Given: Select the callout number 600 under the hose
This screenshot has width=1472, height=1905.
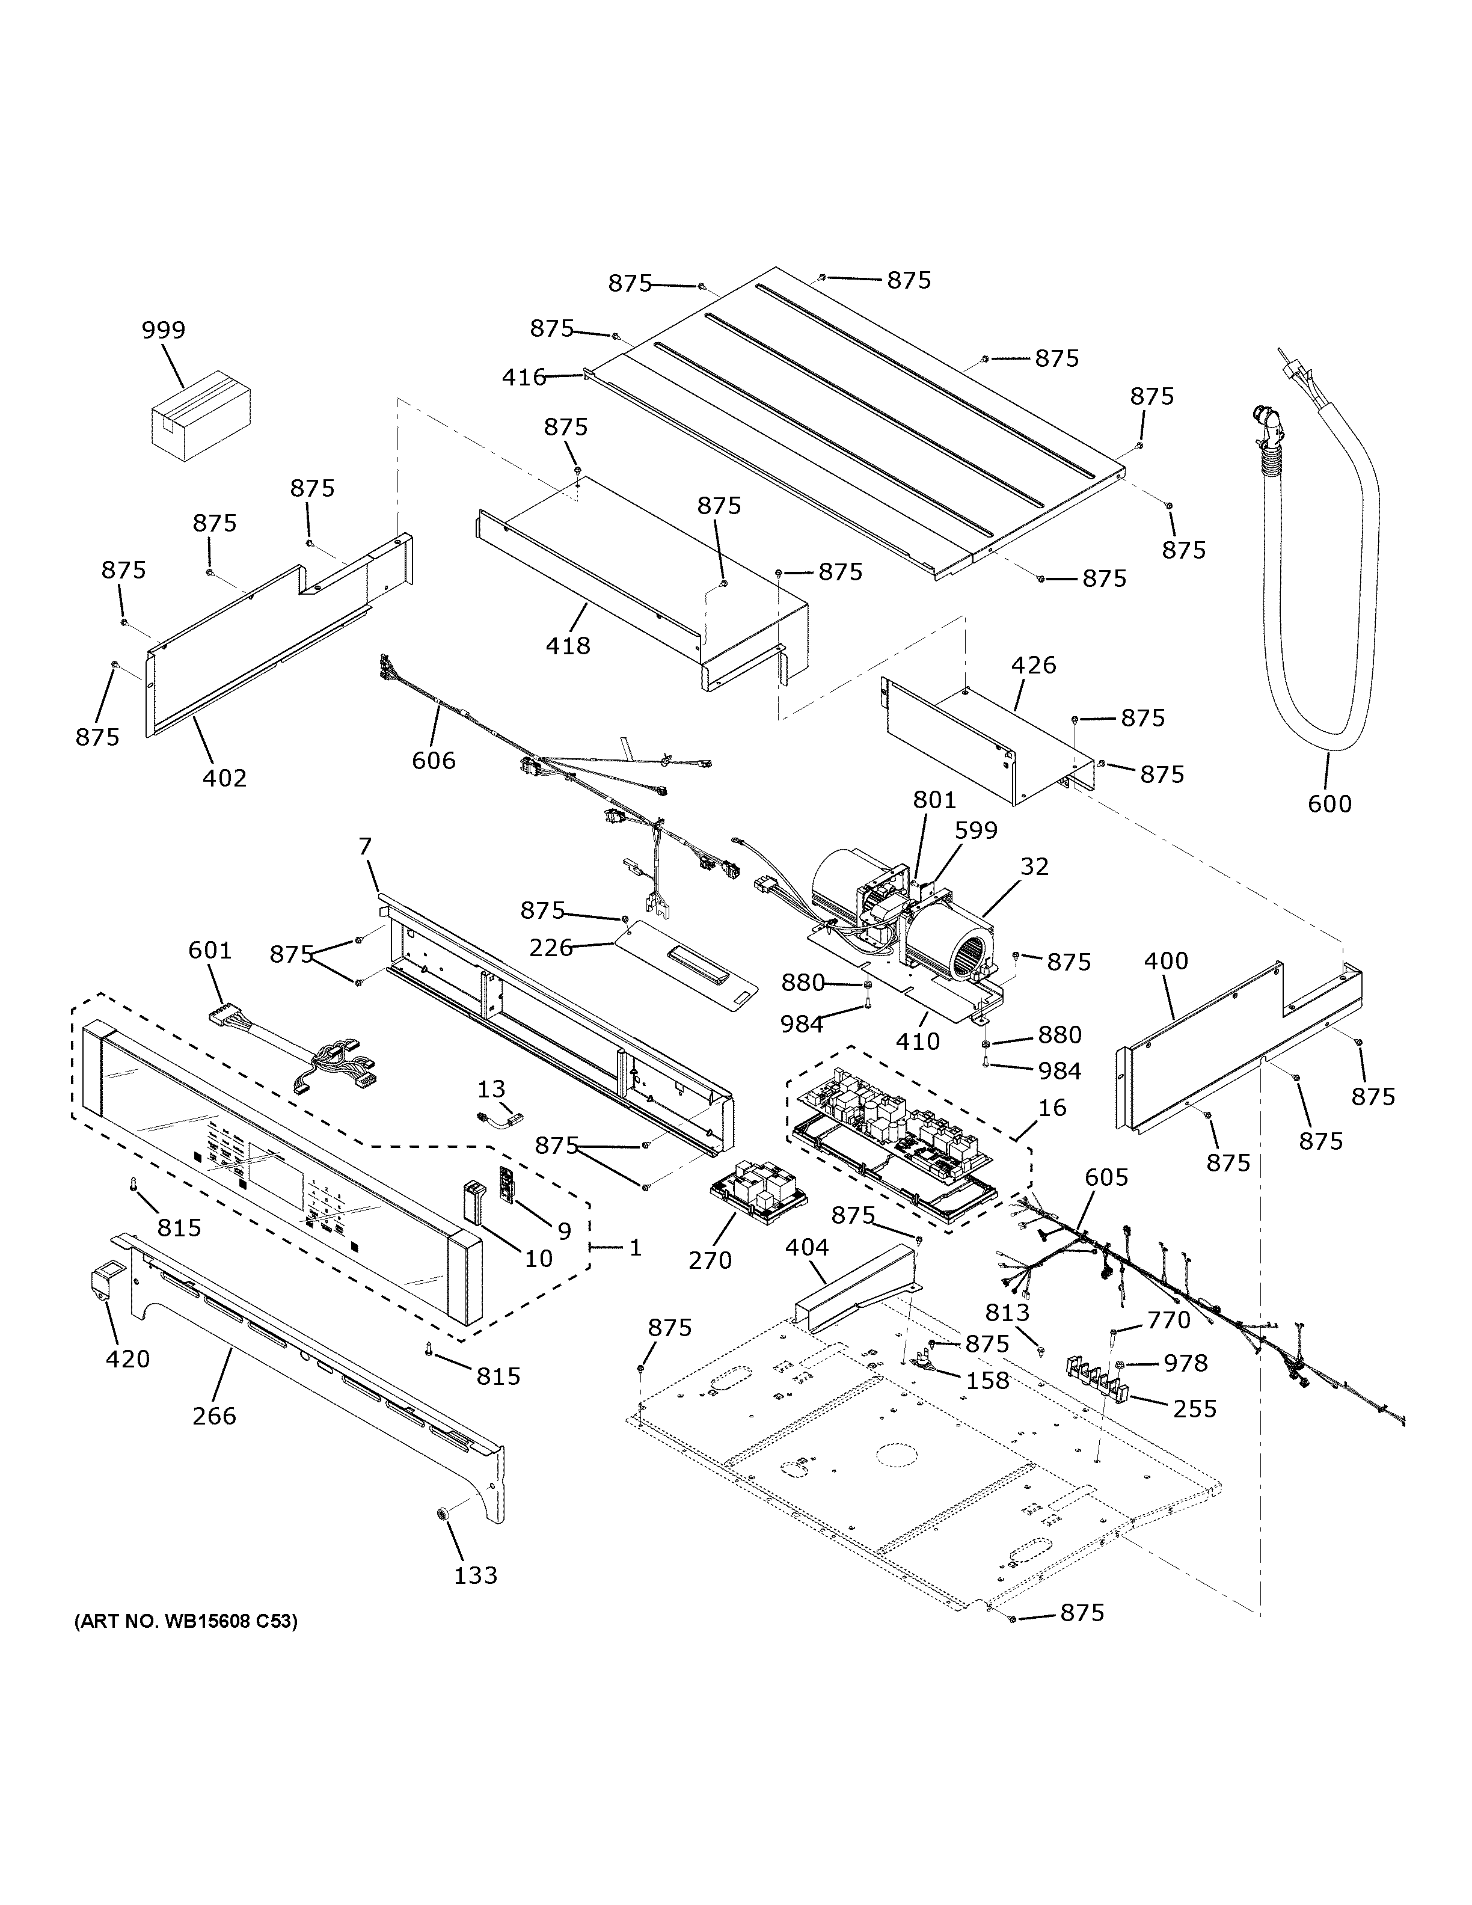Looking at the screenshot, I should coord(1329,803).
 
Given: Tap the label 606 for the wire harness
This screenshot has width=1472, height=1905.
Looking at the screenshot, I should coord(434,761).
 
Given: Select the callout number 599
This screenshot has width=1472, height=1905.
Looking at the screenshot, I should coord(975,830).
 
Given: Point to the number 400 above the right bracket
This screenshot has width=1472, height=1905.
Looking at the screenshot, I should coord(1165,962).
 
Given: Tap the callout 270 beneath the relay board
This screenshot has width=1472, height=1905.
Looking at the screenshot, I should coord(710,1260).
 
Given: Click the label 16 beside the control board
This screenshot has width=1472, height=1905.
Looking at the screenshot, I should coord(1052,1108).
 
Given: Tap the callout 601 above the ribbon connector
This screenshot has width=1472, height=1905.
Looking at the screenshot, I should coord(210,950).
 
